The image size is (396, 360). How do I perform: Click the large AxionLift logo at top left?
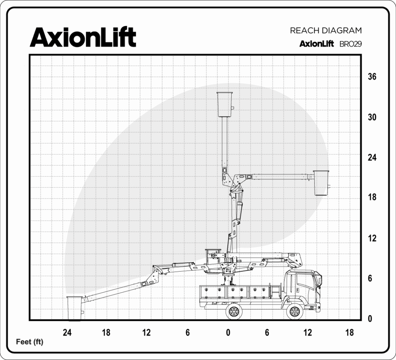click(83, 38)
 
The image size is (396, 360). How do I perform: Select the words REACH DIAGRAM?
click(326, 31)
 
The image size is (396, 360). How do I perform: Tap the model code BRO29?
click(350, 44)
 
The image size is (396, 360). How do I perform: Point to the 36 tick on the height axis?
click(372, 76)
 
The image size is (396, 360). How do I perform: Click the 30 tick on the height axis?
click(372, 117)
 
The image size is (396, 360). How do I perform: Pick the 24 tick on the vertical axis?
click(372, 158)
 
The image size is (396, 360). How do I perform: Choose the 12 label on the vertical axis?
click(372, 238)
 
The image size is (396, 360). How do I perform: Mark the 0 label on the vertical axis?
click(370, 319)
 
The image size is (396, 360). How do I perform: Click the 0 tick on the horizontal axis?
click(228, 333)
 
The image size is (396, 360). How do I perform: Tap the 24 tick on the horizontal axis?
click(67, 333)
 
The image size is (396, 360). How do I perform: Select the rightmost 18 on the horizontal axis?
click(350, 333)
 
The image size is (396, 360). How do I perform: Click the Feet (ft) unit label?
click(29, 342)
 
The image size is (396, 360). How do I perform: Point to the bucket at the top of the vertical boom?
click(225, 105)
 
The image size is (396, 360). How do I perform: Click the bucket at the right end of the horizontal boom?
click(321, 183)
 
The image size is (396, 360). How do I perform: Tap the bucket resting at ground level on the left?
click(75, 308)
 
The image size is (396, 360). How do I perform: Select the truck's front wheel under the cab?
click(295, 312)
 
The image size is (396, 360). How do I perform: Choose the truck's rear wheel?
click(234, 311)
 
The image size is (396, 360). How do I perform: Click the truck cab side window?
click(306, 281)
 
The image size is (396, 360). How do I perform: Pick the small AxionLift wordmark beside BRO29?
click(317, 44)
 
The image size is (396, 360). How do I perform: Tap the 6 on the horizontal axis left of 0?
click(188, 333)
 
